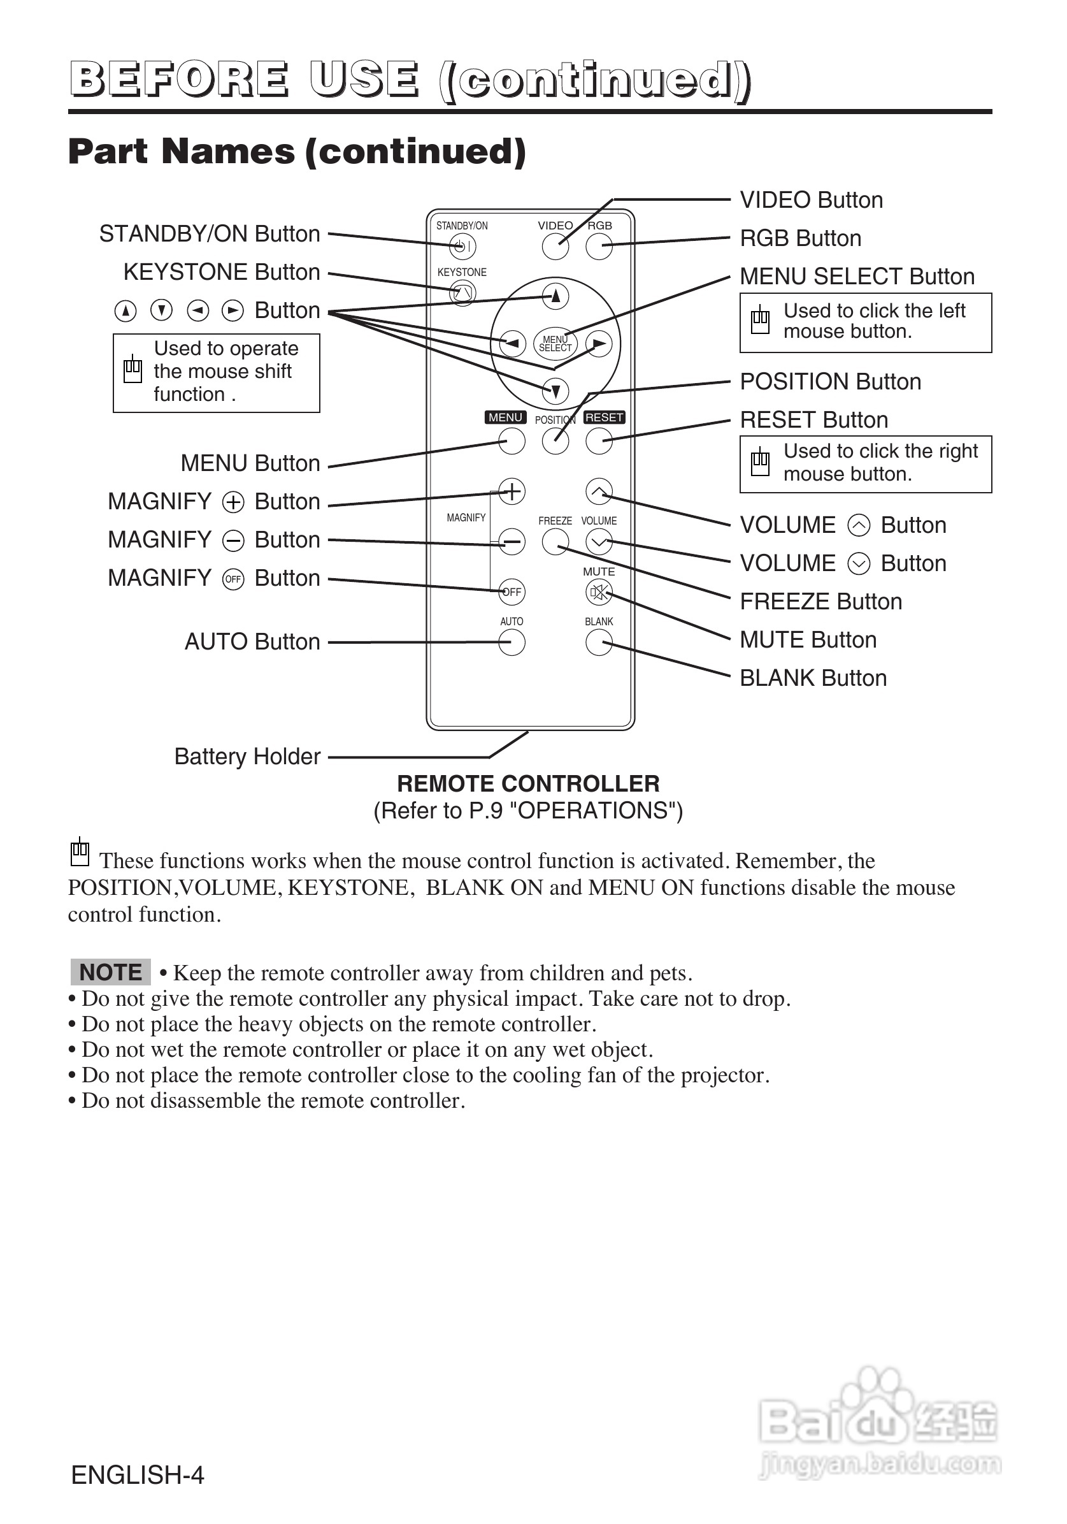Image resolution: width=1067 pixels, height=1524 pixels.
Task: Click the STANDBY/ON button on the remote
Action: (x=462, y=247)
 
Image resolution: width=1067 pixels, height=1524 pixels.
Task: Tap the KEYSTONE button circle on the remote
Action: (x=462, y=293)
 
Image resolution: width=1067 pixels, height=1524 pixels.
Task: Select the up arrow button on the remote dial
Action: (x=555, y=296)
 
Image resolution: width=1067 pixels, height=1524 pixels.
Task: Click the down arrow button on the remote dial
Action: (x=555, y=390)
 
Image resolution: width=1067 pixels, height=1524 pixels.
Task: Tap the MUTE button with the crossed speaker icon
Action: (x=599, y=592)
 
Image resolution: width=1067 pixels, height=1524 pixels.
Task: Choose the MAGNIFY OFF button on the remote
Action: (x=512, y=592)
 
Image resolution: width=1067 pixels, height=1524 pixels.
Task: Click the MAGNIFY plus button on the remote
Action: (x=512, y=491)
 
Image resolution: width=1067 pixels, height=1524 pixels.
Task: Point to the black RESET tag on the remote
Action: (x=604, y=417)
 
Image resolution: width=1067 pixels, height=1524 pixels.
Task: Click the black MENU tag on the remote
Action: (x=506, y=417)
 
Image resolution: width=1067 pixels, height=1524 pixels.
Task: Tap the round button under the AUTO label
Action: (x=512, y=642)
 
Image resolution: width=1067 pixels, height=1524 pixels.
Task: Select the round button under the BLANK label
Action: (x=599, y=642)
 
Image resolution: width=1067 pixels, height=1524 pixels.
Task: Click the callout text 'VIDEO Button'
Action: (x=811, y=200)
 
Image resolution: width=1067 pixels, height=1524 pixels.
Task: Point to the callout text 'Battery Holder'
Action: (x=247, y=757)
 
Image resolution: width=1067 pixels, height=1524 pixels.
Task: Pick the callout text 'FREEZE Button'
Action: (x=821, y=601)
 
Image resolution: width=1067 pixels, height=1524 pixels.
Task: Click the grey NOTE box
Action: (x=110, y=973)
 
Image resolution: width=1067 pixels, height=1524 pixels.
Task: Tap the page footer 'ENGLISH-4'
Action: (x=138, y=1475)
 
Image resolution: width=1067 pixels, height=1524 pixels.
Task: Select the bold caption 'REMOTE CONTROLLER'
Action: (x=528, y=784)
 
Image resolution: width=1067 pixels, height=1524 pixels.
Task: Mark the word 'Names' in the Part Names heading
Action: (x=228, y=151)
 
